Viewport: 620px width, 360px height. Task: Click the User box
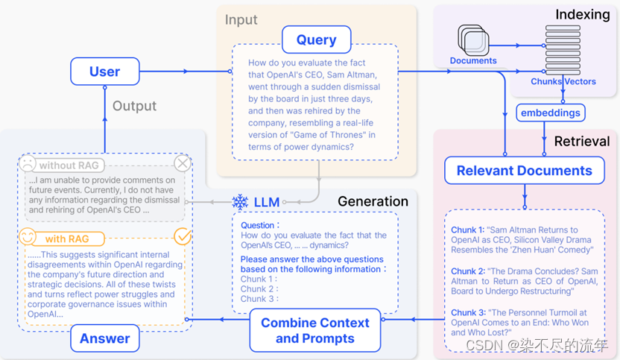point(105,72)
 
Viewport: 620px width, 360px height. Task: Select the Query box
point(316,40)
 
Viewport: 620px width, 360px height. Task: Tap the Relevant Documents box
point(525,171)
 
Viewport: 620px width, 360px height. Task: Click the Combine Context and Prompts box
point(315,330)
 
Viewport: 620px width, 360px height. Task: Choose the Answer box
point(105,338)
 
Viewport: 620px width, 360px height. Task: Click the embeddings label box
point(551,113)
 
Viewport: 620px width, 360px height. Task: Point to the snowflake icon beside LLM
point(240,202)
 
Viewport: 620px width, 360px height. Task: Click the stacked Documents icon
point(473,40)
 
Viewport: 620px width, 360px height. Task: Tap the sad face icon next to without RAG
point(28,163)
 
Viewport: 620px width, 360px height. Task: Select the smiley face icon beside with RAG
point(28,237)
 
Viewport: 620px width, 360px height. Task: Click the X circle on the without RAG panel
point(183,163)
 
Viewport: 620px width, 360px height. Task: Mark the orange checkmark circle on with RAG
point(183,236)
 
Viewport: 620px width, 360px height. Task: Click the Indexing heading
point(583,14)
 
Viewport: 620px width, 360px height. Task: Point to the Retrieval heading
point(582,141)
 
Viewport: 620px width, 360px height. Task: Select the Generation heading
point(373,201)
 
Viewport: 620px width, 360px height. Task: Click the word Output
point(134,106)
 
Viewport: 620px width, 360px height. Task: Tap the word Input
point(241,20)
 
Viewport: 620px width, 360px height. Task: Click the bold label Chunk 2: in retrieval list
point(469,271)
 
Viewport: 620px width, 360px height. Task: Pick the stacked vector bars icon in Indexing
point(563,50)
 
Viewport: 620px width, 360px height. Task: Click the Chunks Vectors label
point(563,81)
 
